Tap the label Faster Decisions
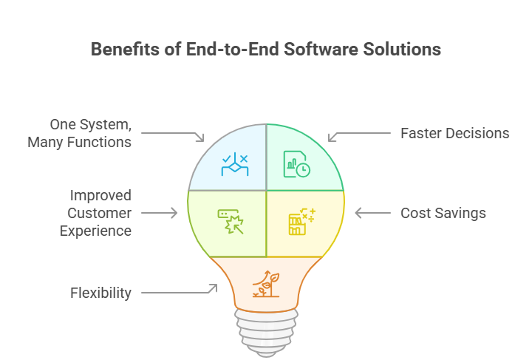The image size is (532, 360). point(454,133)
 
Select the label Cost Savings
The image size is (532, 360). point(443,213)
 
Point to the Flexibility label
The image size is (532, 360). point(100,293)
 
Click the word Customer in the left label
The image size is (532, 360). point(100,213)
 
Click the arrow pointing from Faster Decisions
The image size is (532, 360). point(359,135)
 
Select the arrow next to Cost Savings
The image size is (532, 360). point(372,213)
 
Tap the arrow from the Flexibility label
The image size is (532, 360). point(179,291)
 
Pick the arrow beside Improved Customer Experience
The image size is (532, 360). point(159,213)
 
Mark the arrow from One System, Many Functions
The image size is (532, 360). point(173,135)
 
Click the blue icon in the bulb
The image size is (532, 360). point(234,164)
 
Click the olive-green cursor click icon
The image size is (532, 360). point(231,220)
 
